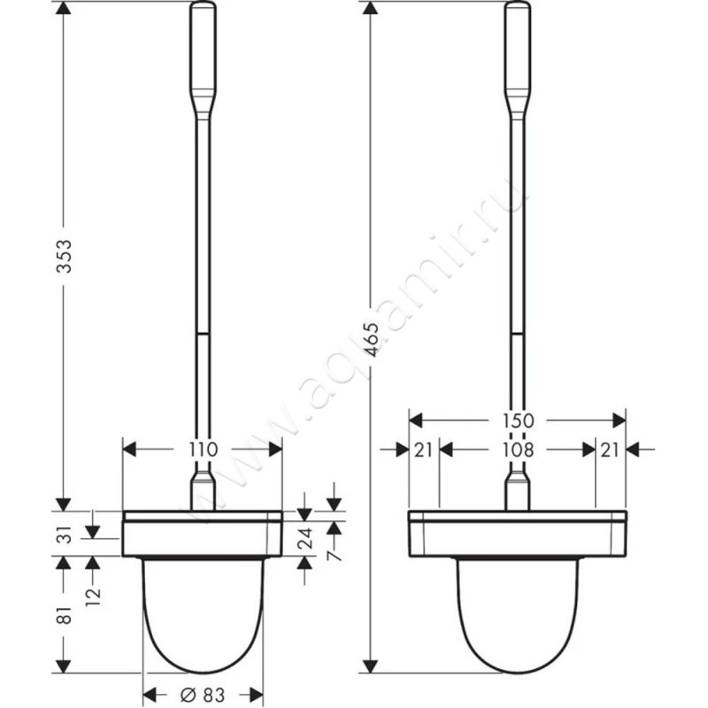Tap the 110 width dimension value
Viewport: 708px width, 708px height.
(x=203, y=450)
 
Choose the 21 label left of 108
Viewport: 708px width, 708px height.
(x=423, y=450)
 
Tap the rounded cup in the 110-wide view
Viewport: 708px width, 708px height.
(x=203, y=611)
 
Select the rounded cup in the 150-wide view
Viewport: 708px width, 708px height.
(x=517, y=611)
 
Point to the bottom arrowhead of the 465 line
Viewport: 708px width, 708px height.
(x=373, y=666)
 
